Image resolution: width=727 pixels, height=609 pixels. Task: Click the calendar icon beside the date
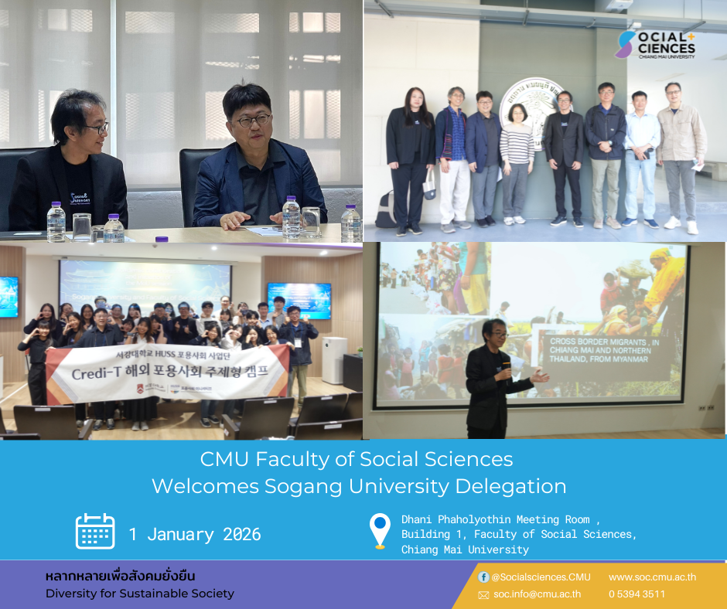point(95,531)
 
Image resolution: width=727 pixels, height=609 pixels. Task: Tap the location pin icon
point(380,531)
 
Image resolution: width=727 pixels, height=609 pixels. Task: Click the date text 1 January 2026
point(195,534)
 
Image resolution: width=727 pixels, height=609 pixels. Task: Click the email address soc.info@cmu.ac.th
point(537,594)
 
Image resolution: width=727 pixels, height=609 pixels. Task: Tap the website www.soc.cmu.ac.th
point(652,577)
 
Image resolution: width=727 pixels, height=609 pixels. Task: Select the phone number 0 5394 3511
point(637,594)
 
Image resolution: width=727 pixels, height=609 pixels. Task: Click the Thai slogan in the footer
point(121,577)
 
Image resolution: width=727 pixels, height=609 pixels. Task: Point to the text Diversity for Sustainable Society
point(139,594)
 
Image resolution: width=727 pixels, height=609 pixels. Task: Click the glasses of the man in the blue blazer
point(254,121)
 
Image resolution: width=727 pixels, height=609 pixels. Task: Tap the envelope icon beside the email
point(483,595)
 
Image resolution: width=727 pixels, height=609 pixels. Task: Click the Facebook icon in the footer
point(483,577)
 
